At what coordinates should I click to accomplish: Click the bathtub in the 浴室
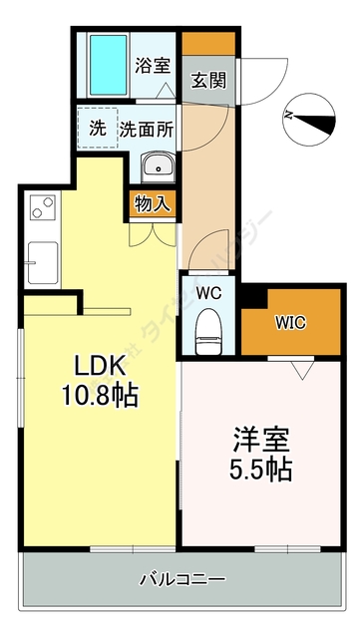pos(108,65)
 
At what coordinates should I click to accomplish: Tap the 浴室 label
pos(153,66)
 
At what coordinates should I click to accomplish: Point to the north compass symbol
pos(308,116)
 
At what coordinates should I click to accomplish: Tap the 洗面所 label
pos(147,129)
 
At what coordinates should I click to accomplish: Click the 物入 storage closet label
pos(152,204)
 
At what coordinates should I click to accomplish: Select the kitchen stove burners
pos(43,209)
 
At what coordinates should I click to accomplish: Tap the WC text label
pos(207,294)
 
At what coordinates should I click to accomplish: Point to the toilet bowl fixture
pos(207,331)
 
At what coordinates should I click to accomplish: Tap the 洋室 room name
pos(263,440)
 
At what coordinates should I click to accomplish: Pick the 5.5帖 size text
pos(263,469)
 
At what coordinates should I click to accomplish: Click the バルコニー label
pos(181,578)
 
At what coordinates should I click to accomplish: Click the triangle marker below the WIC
pos(302,368)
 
